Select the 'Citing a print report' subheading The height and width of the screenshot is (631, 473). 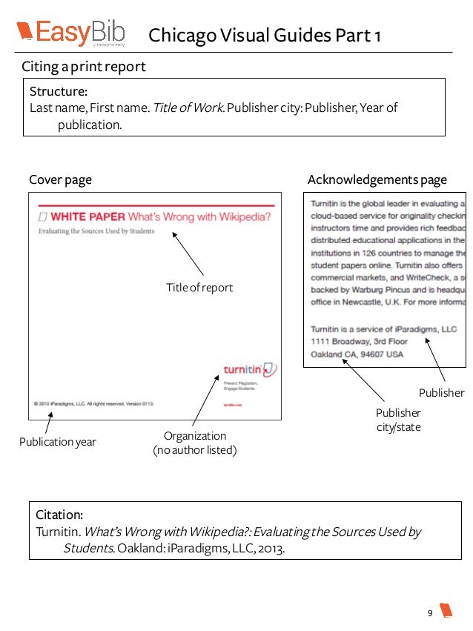click(x=83, y=67)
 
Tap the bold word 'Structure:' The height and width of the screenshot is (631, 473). click(x=59, y=92)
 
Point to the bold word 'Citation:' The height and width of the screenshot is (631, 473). click(x=59, y=514)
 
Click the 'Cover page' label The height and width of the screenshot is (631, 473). click(x=60, y=179)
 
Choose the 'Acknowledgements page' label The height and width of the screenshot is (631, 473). click(x=377, y=179)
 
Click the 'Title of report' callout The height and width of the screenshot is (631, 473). click(x=199, y=287)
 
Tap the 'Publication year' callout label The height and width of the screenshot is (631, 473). click(x=58, y=443)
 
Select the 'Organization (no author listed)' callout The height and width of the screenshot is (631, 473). click(x=194, y=443)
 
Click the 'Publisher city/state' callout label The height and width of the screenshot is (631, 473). click(x=398, y=420)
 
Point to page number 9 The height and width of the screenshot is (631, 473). click(x=429, y=612)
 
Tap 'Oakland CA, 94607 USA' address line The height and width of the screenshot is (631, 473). click(x=357, y=354)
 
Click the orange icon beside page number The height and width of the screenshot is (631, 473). click(x=446, y=611)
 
